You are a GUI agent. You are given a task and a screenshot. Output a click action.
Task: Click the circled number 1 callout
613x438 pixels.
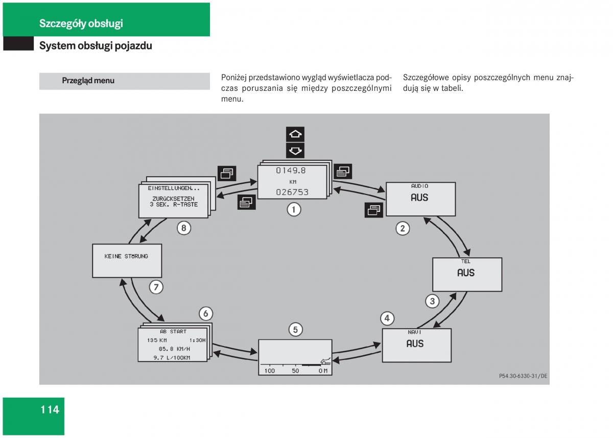point(293,209)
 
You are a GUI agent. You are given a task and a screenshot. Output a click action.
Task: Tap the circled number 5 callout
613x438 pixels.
point(295,330)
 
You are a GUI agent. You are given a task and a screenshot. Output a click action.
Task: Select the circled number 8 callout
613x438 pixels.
point(184,228)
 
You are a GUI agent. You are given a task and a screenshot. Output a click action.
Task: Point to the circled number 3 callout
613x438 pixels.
point(432,301)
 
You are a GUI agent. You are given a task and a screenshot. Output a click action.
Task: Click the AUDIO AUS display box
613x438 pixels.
point(420,199)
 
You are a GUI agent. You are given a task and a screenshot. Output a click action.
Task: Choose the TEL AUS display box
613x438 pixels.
point(467,274)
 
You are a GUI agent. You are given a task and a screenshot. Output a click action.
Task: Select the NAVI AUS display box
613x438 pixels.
point(416,345)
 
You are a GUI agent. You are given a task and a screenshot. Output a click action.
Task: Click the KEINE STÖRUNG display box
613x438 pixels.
point(127,260)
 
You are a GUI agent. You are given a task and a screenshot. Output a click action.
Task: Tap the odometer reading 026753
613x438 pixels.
point(292,192)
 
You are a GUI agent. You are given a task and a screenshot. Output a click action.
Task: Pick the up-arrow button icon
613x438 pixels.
point(295,134)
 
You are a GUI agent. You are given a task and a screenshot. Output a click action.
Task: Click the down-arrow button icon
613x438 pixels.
point(295,151)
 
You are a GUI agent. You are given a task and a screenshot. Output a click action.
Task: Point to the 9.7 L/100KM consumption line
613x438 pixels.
point(172,357)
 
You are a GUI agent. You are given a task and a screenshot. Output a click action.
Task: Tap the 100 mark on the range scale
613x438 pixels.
point(269,371)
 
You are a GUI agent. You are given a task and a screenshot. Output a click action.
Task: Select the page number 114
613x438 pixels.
point(50,409)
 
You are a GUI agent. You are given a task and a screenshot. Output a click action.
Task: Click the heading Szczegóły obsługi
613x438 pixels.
point(81,23)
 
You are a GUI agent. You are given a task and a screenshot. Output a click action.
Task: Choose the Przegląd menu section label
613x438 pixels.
point(88,81)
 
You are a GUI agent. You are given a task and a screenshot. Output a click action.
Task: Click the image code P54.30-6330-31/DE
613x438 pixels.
point(523,376)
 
